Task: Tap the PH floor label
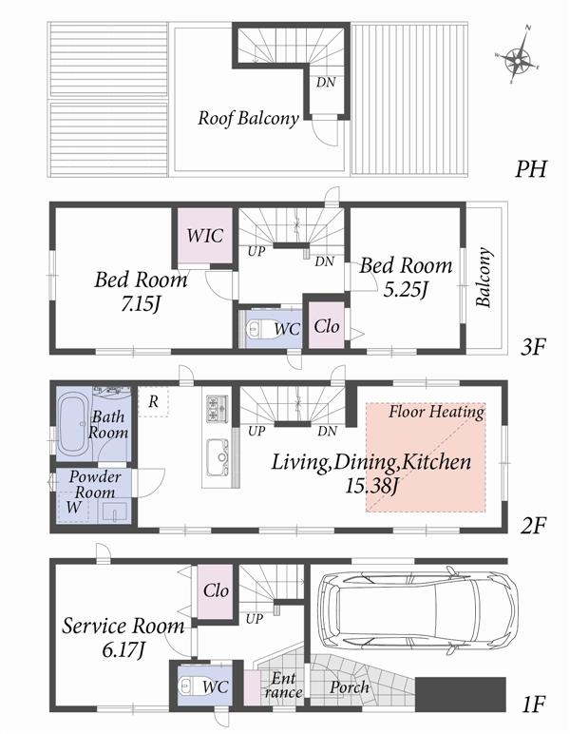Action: [x=531, y=170]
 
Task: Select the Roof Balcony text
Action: [x=249, y=119]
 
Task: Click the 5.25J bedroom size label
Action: [x=406, y=288]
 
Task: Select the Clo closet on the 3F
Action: [x=322, y=325]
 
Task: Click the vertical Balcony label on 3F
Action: [x=484, y=278]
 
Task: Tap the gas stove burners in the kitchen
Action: [x=216, y=410]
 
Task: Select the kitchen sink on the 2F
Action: [x=217, y=454]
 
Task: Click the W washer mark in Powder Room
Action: [x=73, y=507]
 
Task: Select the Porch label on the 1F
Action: [x=351, y=686]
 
